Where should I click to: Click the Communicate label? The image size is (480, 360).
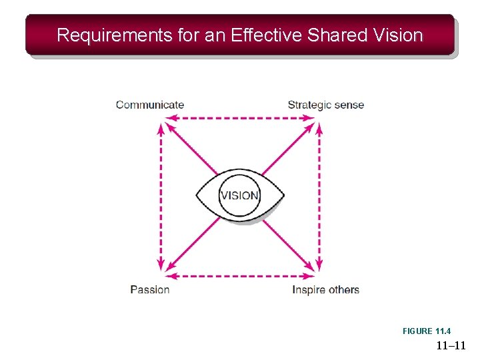[150, 105]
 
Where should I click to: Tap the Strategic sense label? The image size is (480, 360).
[325, 105]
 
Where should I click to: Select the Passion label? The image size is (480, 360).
[150, 289]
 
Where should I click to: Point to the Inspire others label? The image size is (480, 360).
[325, 289]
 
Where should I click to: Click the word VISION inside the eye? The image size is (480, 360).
[239, 195]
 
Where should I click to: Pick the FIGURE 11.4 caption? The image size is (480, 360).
[427, 331]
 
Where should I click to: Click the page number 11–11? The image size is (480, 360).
[451, 345]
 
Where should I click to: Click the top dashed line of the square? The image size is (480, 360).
[239, 118]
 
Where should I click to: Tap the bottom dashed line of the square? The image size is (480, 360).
[239, 275]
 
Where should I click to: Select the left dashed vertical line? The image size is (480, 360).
[161, 197]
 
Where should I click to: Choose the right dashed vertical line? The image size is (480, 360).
[319, 197]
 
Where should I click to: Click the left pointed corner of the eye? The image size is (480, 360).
[197, 195]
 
